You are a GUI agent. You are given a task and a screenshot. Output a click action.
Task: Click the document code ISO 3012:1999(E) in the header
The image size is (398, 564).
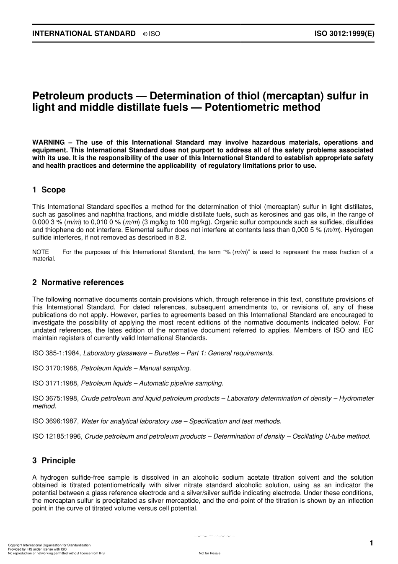click(x=344, y=34)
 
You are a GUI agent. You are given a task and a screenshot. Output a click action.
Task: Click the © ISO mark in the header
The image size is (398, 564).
click(x=152, y=34)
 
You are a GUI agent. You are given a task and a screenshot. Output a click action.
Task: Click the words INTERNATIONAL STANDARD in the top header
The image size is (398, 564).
click(x=84, y=34)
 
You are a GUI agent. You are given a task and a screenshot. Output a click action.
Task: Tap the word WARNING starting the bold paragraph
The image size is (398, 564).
click(x=49, y=142)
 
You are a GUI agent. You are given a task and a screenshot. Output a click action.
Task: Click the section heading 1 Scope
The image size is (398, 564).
click(x=49, y=190)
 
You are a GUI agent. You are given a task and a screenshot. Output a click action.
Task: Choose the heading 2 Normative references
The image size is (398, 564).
click(x=78, y=283)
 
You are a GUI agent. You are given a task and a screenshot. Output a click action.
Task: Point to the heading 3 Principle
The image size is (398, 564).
click(x=54, y=460)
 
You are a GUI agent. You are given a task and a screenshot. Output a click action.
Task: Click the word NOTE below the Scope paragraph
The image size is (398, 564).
click(x=41, y=252)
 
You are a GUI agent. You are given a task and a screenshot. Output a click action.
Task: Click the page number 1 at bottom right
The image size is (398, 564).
click(x=371, y=543)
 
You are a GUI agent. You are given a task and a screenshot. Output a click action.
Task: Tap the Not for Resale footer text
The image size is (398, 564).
click(x=209, y=554)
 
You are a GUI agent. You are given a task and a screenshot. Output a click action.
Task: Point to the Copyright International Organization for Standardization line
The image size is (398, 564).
click(x=49, y=545)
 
